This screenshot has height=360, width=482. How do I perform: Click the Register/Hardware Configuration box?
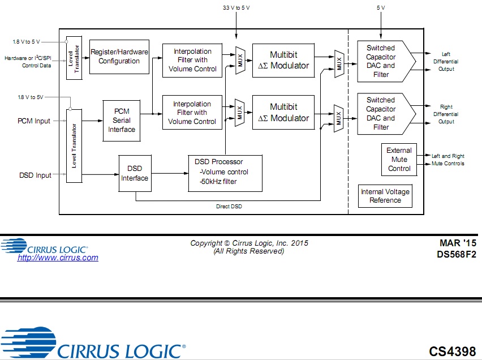pyautogui.click(x=119, y=57)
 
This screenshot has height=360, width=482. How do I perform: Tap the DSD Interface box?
pyautogui.click(x=134, y=173)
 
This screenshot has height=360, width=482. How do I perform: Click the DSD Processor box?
pyautogui.click(x=225, y=172)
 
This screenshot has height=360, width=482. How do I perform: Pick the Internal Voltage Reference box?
pyautogui.click(x=385, y=196)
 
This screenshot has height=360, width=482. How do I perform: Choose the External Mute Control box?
pyautogui.click(x=399, y=160)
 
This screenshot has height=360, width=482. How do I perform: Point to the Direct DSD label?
pyautogui.click(x=229, y=207)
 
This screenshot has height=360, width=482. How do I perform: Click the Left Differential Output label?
pyautogui.click(x=446, y=62)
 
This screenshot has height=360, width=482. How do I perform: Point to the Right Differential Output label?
pyautogui.click(x=446, y=114)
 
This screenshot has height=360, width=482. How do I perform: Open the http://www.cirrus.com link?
pyautogui.click(x=58, y=258)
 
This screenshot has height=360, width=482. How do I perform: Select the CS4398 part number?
pyautogui.click(x=452, y=352)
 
